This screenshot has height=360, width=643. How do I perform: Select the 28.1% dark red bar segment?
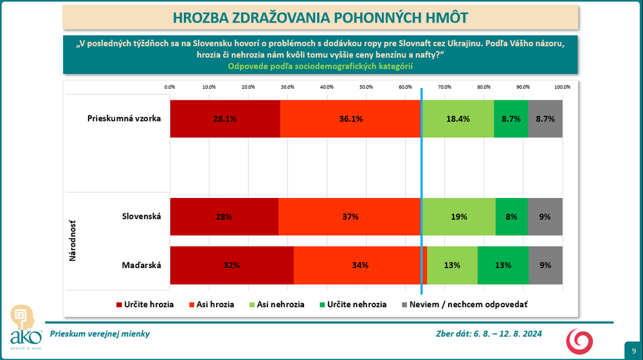225,119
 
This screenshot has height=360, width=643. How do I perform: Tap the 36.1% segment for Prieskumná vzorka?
351,119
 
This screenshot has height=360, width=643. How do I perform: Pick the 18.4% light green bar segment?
457,119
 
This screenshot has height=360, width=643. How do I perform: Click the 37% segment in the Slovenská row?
350,217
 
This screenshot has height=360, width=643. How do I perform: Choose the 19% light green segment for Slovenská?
458,217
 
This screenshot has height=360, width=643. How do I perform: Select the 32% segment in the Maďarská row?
231,265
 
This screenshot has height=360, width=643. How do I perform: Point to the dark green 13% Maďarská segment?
503,265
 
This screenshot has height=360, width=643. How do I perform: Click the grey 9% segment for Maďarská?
545,265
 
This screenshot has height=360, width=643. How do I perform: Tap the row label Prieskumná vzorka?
124,118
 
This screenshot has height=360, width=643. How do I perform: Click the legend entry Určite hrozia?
145,304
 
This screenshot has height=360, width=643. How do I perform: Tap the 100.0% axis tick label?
562,87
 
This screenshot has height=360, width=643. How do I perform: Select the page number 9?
633,350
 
